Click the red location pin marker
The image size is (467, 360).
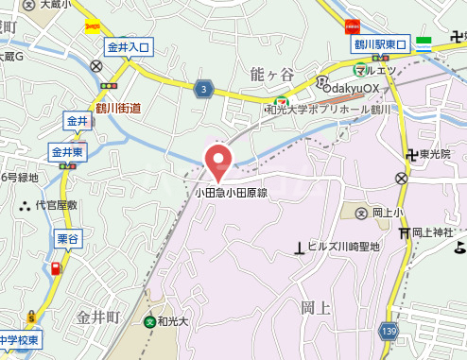(218, 161)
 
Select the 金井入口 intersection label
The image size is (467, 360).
(129, 45)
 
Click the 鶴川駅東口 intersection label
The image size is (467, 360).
(380, 44)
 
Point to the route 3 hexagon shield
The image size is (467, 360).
(204, 89)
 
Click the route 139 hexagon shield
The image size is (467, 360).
(389, 330)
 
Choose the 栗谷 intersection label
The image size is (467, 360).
(66, 240)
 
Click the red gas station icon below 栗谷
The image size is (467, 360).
(58, 267)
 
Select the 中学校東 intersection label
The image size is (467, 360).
(18, 339)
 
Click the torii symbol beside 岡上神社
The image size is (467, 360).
(404, 232)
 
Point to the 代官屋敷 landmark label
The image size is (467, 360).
(56, 204)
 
